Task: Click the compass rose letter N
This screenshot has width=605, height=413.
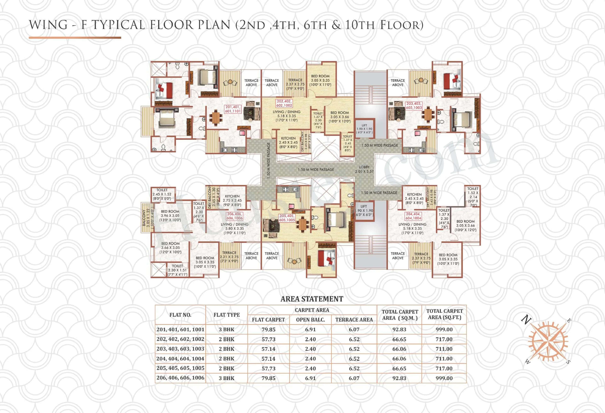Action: coord(526,320)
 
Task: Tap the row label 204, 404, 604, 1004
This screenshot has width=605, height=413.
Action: coord(180,359)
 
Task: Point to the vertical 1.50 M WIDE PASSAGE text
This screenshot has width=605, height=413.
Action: coord(268,160)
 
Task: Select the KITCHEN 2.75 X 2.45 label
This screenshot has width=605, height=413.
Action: coord(232,200)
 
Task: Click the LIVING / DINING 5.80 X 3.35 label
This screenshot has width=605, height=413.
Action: coord(235,228)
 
